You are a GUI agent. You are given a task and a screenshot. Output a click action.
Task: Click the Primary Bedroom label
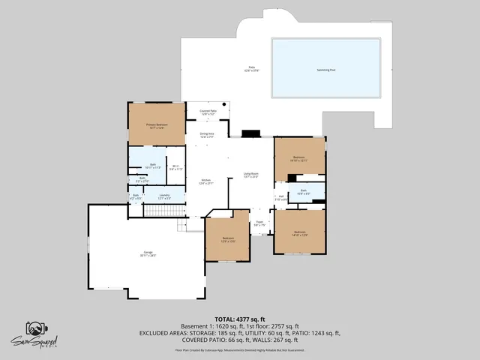point(157,125)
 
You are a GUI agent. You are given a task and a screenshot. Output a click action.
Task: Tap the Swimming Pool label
point(326,68)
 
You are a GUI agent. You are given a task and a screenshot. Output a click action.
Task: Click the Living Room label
point(250,175)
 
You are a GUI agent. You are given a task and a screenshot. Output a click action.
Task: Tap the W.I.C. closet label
point(175,168)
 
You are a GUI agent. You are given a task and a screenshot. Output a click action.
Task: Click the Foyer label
point(259,223)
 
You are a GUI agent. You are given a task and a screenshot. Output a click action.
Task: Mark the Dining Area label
point(207,135)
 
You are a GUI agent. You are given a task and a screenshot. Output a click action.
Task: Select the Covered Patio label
point(208,112)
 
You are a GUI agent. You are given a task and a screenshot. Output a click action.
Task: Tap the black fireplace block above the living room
point(250,134)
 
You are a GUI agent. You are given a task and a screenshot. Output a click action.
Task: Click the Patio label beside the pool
point(252,68)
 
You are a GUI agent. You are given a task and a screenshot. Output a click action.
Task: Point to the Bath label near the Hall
point(304,192)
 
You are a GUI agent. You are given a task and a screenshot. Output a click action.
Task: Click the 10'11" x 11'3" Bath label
point(153,165)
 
